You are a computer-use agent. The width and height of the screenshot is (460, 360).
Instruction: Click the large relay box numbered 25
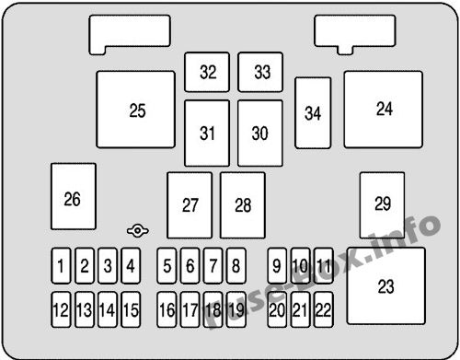point(136,110)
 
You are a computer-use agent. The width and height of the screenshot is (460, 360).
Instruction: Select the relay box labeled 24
point(384,109)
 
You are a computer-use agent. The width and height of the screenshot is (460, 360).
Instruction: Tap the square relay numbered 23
point(385,285)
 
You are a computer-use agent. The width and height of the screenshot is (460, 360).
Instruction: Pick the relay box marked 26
point(73,197)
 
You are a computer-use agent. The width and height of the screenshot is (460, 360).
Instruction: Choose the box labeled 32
point(208,72)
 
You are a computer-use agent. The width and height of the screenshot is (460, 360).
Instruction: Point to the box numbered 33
point(262,72)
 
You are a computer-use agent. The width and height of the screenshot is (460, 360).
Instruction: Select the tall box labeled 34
point(314,113)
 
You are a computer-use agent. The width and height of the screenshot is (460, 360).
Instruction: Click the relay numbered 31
point(207,133)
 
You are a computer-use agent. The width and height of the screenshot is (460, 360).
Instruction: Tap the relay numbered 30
point(260,133)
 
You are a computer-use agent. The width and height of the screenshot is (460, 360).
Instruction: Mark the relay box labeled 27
point(190,205)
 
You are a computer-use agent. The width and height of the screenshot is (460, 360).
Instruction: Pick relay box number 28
point(243,205)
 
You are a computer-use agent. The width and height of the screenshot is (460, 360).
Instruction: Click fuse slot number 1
point(61,268)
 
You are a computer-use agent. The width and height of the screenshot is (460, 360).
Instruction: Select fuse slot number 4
point(130,268)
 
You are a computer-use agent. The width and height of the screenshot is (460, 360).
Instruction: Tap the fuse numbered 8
point(236,268)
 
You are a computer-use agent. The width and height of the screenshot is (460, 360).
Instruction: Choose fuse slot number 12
point(61,309)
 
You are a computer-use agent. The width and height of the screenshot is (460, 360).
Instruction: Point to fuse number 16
point(167,309)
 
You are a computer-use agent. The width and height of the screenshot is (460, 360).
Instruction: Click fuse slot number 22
point(322,309)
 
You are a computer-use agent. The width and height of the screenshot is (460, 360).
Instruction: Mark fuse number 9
point(277,268)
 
